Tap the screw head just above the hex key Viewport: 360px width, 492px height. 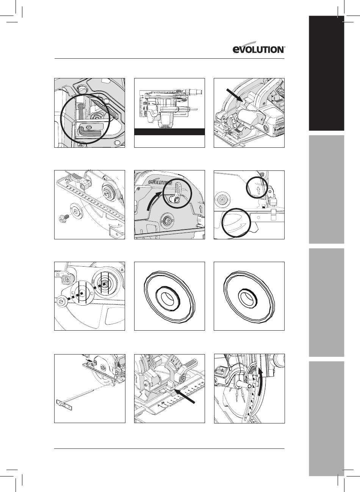89,127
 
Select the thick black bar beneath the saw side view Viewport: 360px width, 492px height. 169,132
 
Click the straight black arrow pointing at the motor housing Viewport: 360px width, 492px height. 234,95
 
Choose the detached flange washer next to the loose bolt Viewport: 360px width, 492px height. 76,211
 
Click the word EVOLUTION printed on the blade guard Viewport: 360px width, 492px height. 160,182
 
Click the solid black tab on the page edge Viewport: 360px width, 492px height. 326,73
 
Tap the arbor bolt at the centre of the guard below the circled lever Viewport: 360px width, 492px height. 167,220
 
